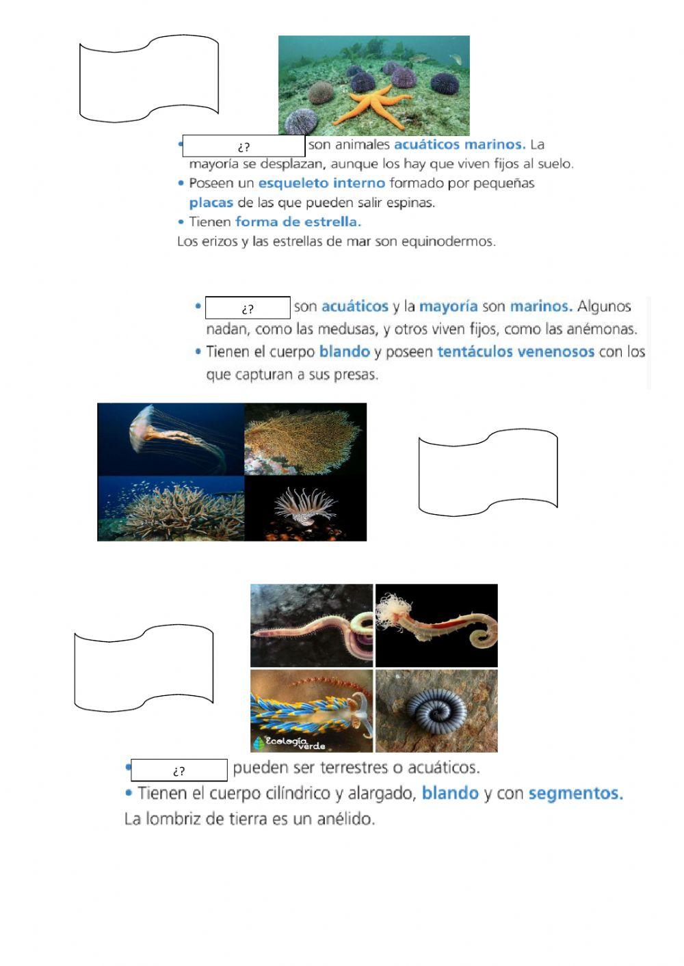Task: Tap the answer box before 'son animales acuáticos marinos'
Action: (244, 146)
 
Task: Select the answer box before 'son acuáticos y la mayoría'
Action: (248, 308)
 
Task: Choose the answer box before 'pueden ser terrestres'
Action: (179, 770)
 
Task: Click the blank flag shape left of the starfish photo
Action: (149, 79)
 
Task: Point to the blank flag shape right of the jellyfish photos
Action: (488, 472)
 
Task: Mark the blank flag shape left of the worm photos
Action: (144, 668)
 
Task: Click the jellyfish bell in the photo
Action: (142, 426)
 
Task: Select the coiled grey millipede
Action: (436, 711)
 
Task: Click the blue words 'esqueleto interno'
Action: (321, 183)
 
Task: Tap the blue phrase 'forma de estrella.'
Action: (298, 222)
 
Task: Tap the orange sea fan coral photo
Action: (305, 439)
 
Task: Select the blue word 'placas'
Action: (211, 202)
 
